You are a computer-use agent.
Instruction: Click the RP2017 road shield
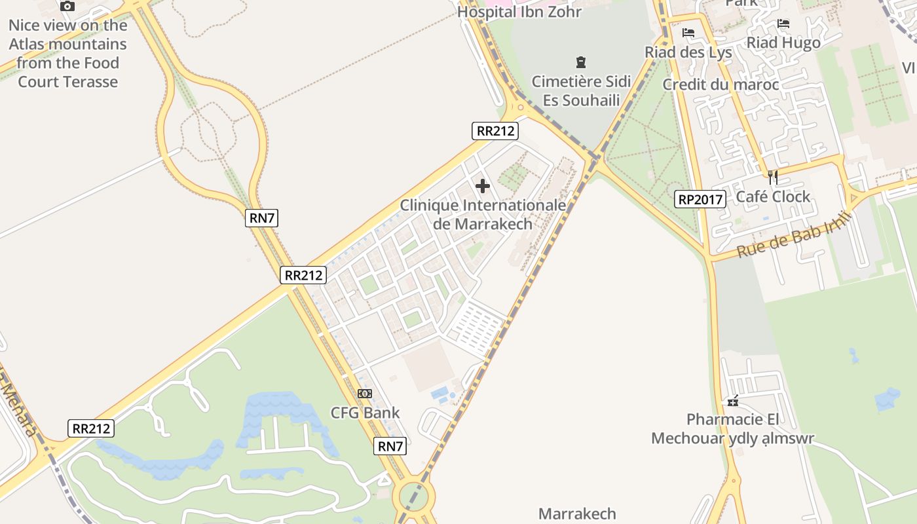700,199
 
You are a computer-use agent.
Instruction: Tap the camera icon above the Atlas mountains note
67,7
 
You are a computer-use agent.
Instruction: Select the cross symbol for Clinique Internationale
483,186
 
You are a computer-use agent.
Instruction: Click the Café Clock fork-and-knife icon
773,178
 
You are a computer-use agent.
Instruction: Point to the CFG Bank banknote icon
365,394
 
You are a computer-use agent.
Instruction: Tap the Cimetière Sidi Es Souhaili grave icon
580,63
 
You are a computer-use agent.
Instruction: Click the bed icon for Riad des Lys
688,33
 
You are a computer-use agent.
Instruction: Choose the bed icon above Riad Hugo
783,24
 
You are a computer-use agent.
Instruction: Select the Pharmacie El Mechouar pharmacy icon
733,400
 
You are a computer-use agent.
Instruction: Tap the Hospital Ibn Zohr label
519,12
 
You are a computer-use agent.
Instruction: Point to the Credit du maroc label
720,84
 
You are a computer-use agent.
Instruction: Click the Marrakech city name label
577,514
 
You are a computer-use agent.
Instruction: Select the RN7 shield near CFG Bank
390,446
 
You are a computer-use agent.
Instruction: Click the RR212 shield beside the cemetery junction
495,130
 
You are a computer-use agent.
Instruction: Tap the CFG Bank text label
365,413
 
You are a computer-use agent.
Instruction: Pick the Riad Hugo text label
783,43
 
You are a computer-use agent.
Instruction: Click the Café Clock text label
773,196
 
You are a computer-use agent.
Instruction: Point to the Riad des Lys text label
688,52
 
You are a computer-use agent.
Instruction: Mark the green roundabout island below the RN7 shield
413,497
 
